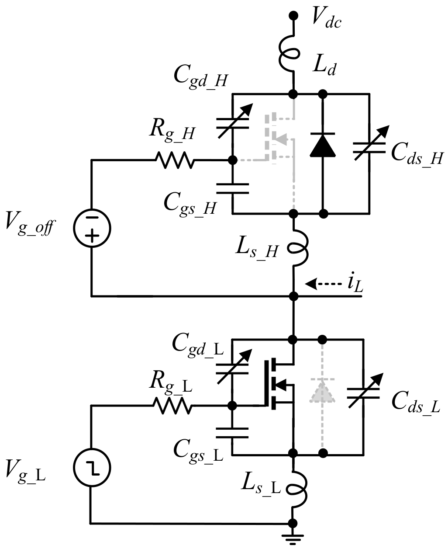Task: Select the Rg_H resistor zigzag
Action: coord(173,160)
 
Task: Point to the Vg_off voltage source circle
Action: coord(92,228)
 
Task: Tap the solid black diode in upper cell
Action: coord(323,145)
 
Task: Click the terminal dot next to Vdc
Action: coord(293,16)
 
